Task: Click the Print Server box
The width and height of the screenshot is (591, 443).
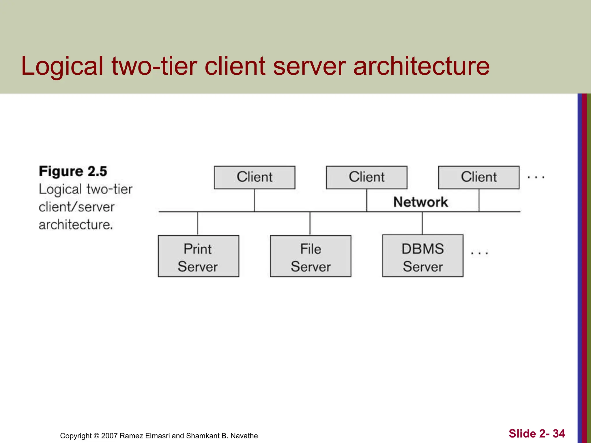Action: (x=198, y=256)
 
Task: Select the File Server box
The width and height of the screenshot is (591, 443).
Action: (x=311, y=256)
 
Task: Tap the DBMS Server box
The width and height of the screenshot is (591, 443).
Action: (x=423, y=256)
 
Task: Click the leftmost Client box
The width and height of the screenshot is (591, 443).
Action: (x=255, y=177)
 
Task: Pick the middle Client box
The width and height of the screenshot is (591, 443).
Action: (x=366, y=177)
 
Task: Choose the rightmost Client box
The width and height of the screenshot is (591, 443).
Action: (x=479, y=177)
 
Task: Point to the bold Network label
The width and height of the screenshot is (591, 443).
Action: (x=421, y=202)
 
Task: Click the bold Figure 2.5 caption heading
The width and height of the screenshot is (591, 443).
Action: (x=73, y=171)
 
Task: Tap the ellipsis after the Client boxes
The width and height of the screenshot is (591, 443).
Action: (x=536, y=177)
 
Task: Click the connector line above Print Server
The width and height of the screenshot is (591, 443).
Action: (x=198, y=224)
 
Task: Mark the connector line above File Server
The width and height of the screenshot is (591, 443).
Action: (x=310, y=224)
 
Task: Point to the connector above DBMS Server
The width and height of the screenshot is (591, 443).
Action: (x=422, y=223)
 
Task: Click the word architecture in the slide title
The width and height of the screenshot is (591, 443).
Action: (x=421, y=66)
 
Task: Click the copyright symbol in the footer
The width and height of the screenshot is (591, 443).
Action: (x=96, y=436)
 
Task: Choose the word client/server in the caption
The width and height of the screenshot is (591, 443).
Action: (x=77, y=207)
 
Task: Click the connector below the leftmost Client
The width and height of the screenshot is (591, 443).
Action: (x=254, y=200)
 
